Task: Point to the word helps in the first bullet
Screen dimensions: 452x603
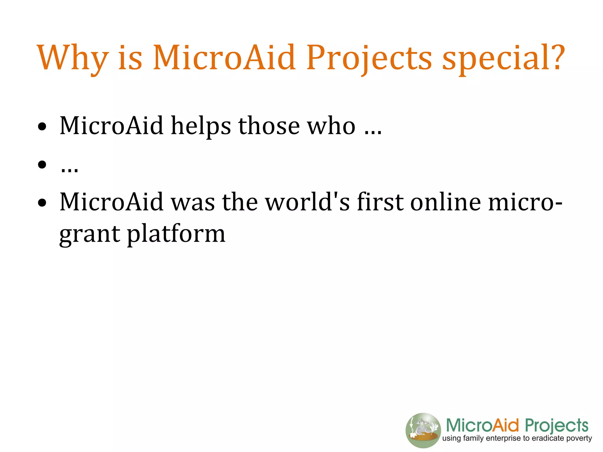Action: (x=201, y=126)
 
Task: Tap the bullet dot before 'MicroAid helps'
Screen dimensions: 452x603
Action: (x=42, y=127)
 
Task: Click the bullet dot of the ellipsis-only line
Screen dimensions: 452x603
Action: (x=42, y=164)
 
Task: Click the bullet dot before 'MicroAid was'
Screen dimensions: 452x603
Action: (x=42, y=203)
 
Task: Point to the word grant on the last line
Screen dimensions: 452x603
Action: (x=90, y=234)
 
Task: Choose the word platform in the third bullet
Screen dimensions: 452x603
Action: (x=176, y=234)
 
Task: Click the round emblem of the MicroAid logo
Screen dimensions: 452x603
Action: (x=423, y=430)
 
